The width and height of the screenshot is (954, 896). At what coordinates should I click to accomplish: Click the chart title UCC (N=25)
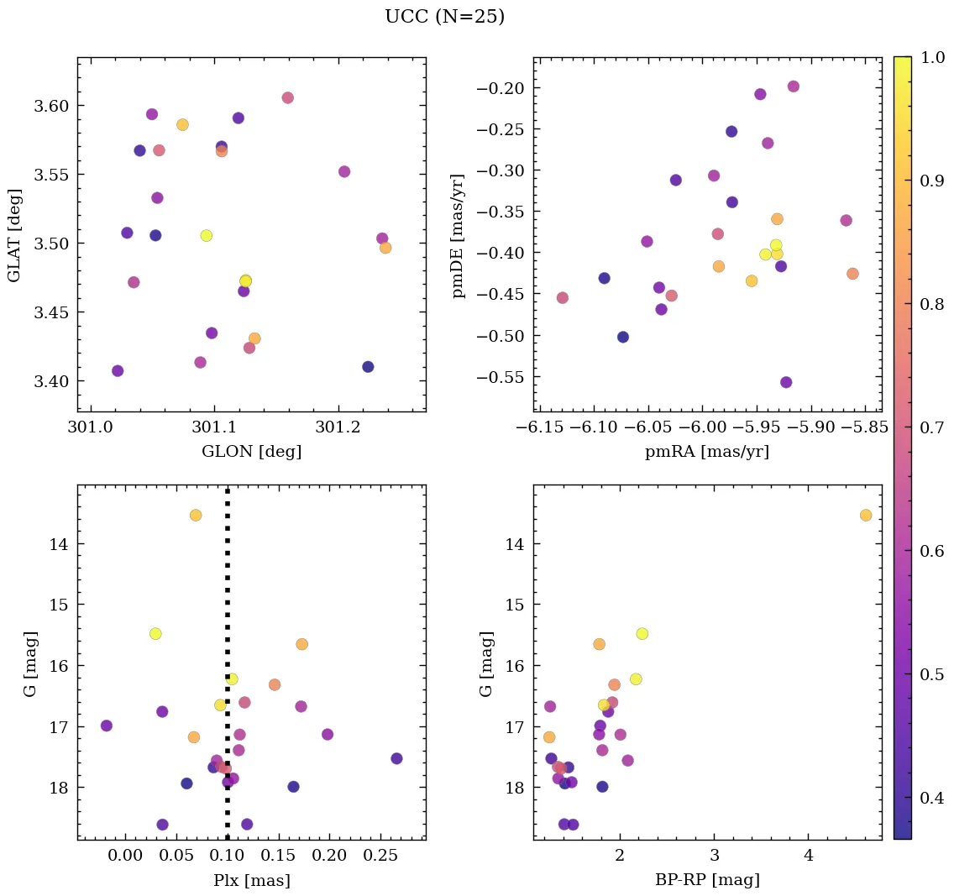click(444, 17)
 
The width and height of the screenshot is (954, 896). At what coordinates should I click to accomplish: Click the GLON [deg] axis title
click(251, 452)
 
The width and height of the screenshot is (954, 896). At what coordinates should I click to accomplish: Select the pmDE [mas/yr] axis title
click(459, 236)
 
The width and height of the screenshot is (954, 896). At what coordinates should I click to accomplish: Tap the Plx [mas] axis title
click(251, 881)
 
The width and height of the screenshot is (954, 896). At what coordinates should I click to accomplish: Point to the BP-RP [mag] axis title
click(707, 881)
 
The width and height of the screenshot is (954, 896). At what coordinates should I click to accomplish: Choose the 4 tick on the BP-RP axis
click(809, 857)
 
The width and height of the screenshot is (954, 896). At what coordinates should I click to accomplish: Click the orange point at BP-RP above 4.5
click(866, 515)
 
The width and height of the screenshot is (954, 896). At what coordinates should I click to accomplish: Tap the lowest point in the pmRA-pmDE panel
click(786, 382)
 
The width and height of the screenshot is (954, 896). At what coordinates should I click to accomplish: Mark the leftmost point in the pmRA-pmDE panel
click(562, 298)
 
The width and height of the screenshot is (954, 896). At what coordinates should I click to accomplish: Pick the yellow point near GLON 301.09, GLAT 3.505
click(207, 236)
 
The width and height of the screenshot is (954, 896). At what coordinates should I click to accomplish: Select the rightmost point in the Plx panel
click(396, 758)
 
